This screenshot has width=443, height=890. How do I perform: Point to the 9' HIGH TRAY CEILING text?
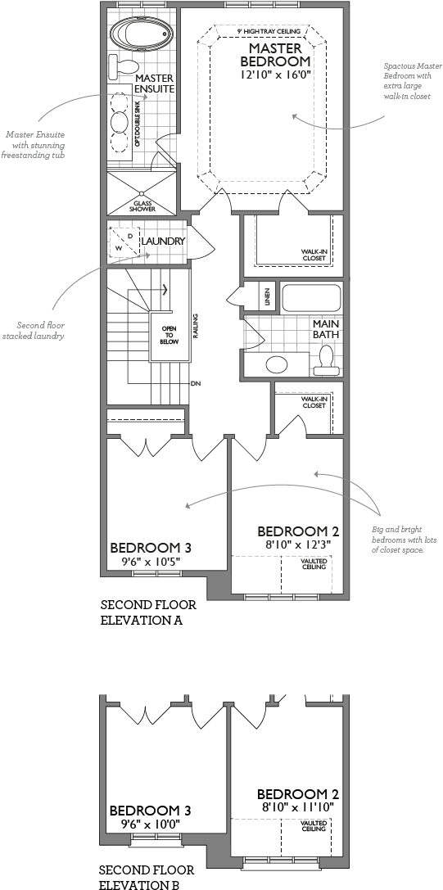(268, 31)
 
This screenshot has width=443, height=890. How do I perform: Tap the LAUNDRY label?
(163, 242)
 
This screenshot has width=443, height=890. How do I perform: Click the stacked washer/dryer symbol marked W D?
(124, 242)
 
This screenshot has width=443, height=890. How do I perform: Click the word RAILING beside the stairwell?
(197, 328)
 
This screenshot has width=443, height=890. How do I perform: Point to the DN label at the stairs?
(196, 383)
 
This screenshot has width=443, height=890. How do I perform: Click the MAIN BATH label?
(325, 329)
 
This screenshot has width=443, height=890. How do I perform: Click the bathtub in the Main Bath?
(310, 297)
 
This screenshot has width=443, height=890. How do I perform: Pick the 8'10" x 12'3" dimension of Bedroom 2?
(297, 544)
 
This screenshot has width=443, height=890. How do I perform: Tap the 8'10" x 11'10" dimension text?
(297, 807)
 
